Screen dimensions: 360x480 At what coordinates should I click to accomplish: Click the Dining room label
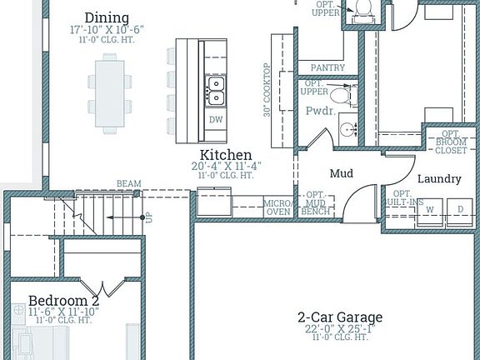[x=107, y=17]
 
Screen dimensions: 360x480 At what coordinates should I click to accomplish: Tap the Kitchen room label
[x=226, y=155]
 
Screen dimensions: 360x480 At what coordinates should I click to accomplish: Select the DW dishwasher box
[x=215, y=120]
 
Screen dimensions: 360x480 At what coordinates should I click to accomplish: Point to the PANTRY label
[x=327, y=67]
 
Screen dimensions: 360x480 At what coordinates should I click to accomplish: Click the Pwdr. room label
[x=321, y=109]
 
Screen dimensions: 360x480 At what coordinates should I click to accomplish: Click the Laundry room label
[x=438, y=178]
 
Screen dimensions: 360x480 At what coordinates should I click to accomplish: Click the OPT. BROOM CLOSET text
[x=452, y=143]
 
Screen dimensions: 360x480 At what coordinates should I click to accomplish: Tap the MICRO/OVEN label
[x=277, y=207]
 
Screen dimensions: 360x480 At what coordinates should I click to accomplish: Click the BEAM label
[x=128, y=183]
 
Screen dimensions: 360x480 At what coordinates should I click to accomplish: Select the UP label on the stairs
[x=149, y=217]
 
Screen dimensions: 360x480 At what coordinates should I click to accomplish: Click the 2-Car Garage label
[x=340, y=317]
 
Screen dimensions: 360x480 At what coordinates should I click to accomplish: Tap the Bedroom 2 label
[x=63, y=300]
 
